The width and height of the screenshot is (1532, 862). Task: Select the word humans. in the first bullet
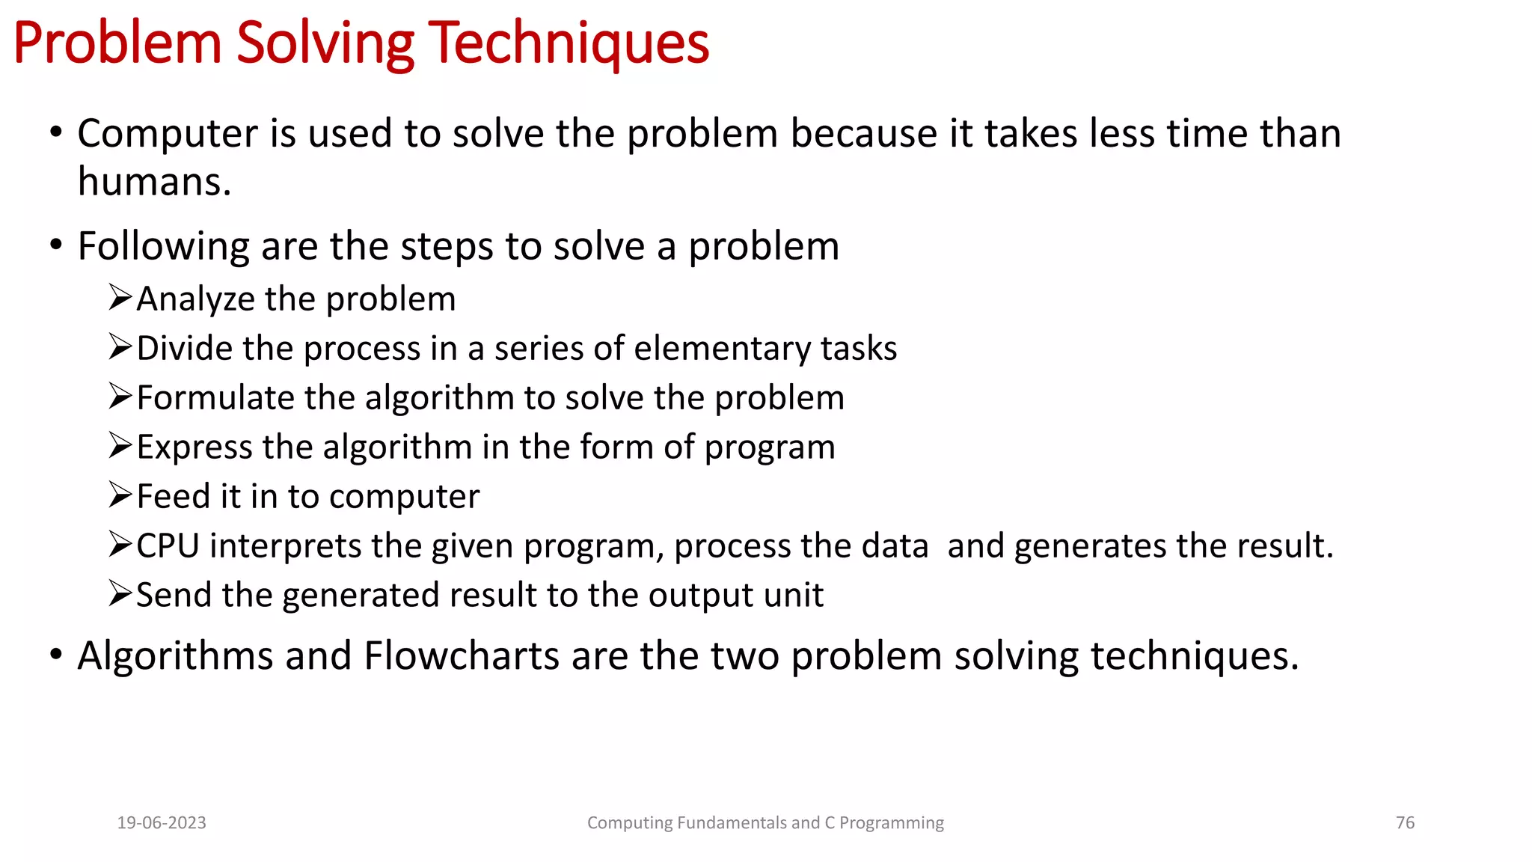click(x=155, y=182)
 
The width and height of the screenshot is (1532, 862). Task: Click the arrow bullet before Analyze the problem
click(x=120, y=297)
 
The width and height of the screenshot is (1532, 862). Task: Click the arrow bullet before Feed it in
click(x=120, y=495)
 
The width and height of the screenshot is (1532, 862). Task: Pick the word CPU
click(x=168, y=545)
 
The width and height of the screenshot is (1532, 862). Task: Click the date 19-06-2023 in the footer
click(x=162, y=823)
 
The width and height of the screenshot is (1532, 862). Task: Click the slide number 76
click(x=1405, y=823)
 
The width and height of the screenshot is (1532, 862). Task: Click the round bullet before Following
click(x=56, y=245)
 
